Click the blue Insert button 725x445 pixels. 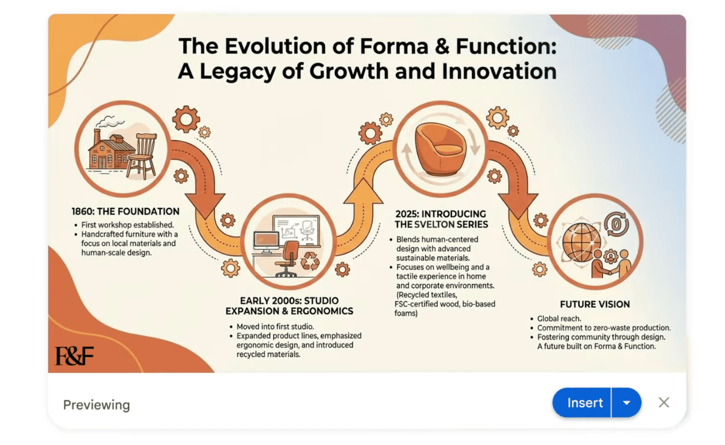tap(582, 403)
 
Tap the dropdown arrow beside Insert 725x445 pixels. tap(627, 403)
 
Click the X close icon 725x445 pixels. tap(664, 403)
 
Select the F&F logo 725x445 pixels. tap(74, 356)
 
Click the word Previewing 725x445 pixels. tap(97, 405)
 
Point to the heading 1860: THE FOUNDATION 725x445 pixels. tap(125, 212)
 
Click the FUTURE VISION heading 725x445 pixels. tap(595, 304)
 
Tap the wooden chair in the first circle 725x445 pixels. tap(142, 156)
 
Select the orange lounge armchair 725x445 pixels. tap(440, 149)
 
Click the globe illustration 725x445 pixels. tap(582, 242)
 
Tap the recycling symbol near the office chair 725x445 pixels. tap(310, 261)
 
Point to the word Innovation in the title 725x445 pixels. tap(499, 71)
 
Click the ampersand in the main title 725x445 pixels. tap(442, 46)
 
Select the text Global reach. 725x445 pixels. tap(559, 319)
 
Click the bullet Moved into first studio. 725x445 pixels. tap(275, 326)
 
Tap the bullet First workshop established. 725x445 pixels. tap(128, 225)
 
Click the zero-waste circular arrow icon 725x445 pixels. tap(616, 224)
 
